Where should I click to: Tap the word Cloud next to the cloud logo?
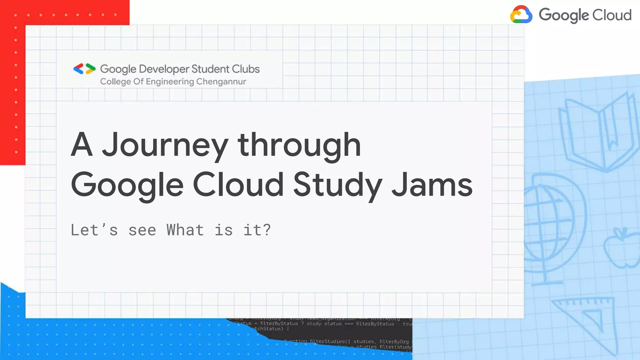612,15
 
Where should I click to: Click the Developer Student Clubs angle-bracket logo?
84,69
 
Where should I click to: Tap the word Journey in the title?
165,145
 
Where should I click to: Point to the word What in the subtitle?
185,230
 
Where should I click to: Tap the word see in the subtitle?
142,231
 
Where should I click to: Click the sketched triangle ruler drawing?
587,322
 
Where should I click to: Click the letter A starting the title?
82,145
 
